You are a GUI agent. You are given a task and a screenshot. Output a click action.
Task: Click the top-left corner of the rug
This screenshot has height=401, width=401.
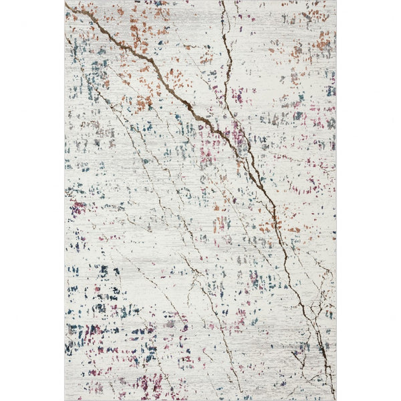point(65,2)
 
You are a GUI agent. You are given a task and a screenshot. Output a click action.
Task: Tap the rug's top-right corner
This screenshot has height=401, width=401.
point(336,2)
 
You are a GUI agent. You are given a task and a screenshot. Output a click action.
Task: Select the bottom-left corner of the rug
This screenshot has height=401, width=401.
point(65,399)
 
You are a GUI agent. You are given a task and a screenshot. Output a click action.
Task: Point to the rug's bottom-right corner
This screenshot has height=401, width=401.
point(336,399)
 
